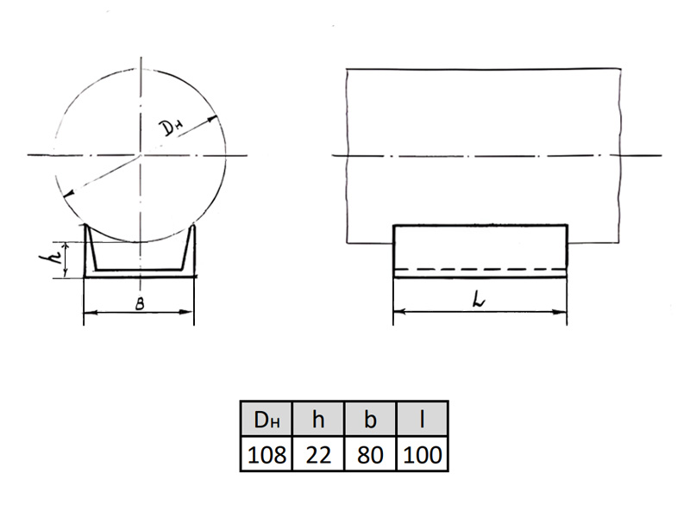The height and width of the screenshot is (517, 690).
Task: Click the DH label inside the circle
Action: click(x=171, y=128)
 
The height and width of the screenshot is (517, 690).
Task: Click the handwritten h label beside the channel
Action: click(x=49, y=258)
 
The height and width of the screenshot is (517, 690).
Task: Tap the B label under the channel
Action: click(x=140, y=304)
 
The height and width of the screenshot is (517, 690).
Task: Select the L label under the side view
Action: click(x=479, y=300)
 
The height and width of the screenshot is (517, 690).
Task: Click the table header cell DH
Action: click(x=267, y=420)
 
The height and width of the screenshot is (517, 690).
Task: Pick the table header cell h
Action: click(x=318, y=420)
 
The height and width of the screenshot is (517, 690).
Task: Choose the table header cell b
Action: click(x=370, y=420)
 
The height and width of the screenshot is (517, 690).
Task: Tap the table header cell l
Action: click(x=422, y=420)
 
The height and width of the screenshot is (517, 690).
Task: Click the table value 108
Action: click(x=267, y=455)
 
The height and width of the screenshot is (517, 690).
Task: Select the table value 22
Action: click(x=318, y=455)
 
